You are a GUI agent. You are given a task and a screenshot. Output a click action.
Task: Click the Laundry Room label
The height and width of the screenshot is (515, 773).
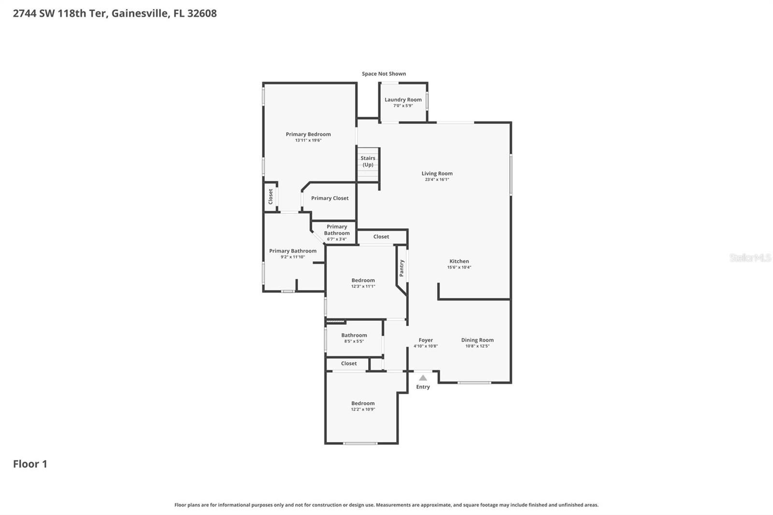pyautogui.click(x=403, y=100)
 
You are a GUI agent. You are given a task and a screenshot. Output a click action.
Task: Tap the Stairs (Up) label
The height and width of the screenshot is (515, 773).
pyautogui.click(x=368, y=161)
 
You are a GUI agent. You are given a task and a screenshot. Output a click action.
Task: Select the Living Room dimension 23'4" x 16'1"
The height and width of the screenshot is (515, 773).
pyautogui.click(x=437, y=180)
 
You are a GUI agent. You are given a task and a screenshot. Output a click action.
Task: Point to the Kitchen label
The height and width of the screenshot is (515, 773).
pyautogui.click(x=459, y=261)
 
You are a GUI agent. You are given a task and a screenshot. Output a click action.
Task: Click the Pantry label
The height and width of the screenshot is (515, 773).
pyautogui.click(x=401, y=268)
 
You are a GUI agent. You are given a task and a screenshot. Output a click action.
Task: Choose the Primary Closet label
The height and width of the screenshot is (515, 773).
pyautogui.click(x=329, y=198)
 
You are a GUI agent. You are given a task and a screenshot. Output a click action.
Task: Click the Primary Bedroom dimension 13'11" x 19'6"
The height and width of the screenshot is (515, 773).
pyautogui.click(x=308, y=141)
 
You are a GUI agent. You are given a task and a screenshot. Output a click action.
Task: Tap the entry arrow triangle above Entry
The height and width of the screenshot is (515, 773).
pyautogui.click(x=423, y=378)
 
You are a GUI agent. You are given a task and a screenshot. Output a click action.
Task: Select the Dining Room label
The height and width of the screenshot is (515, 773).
pyautogui.click(x=477, y=340)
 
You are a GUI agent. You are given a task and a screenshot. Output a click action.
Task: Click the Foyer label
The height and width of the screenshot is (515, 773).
pyautogui.click(x=426, y=340)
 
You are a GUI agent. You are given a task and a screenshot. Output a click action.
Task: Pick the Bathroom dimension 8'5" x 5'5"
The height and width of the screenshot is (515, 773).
pyautogui.click(x=354, y=342)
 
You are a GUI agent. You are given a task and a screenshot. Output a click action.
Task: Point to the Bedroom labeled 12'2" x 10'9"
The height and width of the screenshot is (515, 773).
pyautogui.click(x=363, y=403)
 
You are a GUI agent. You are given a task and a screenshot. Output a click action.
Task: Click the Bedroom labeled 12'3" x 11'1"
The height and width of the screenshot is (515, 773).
pyautogui.click(x=363, y=280)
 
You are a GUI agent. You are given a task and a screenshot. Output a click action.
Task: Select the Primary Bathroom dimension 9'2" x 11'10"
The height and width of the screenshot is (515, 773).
pyautogui.click(x=293, y=257)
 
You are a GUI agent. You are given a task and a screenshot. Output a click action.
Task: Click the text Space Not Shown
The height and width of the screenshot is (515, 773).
pyautogui.click(x=384, y=74)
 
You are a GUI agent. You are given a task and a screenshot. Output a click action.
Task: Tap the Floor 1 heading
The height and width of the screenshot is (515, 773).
pyautogui.click(x=30, y=464)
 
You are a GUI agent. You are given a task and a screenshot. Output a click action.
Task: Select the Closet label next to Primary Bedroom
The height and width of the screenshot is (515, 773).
pyautogui.click(x=271, y=196)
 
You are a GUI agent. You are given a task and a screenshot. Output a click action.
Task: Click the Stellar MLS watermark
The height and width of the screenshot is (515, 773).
pyautogui.click(x=750, y=258)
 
